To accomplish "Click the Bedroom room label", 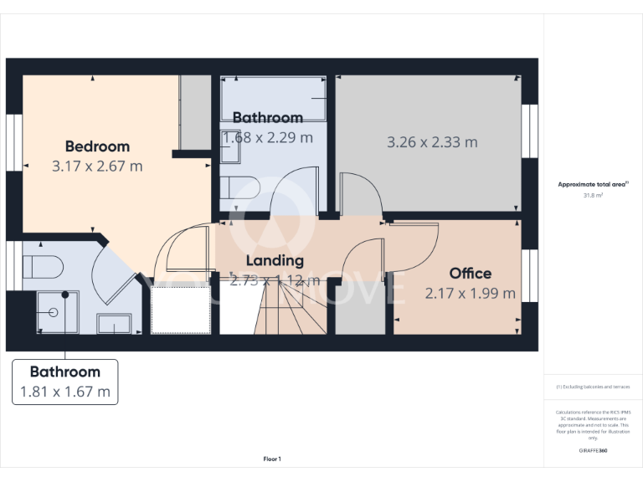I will [x=97, y=146].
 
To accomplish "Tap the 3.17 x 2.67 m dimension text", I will [x=97, y=166].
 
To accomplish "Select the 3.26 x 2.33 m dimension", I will [x=432, y=142].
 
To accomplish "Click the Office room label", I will [x=471, y=273].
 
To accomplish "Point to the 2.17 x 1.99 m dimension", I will [x=471, y=293].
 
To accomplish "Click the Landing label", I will [x=275, y=261].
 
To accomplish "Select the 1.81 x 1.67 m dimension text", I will [x=65, y=391].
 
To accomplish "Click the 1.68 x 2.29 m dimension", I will [x=268, y=137].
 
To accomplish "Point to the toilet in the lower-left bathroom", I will [x=43, y=267].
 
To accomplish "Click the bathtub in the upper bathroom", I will [x=274, y=99].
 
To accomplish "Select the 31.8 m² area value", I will [x=593, y=195].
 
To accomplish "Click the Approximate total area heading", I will [x=593, y=184].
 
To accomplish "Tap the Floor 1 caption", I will [x=272, y=459].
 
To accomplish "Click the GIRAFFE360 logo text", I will [x=593, y=451].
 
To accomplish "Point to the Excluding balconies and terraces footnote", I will [x=593, y=387].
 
